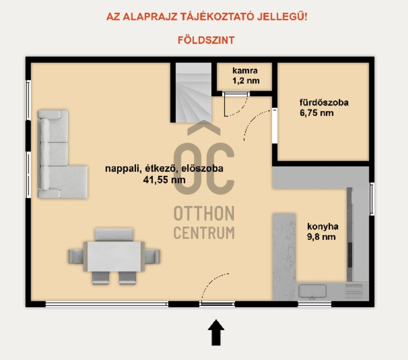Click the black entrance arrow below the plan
click(216, 333)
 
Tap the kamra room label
click(245, 71)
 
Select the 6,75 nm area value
click(317, 113)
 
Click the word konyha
click(323, 226)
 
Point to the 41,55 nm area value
click(164, 180)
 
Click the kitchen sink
click(312, 292)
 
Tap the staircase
click(193, 92)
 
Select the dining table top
click(114, 257)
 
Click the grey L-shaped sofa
click(63, 154)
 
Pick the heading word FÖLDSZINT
click(206, 40)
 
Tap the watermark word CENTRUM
click(204, 233)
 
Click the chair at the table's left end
click(77, 257)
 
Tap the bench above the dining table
click(114, 234)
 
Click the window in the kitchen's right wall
click(372, 199)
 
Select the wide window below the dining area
click(107, 304)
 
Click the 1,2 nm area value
click(246, 81)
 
